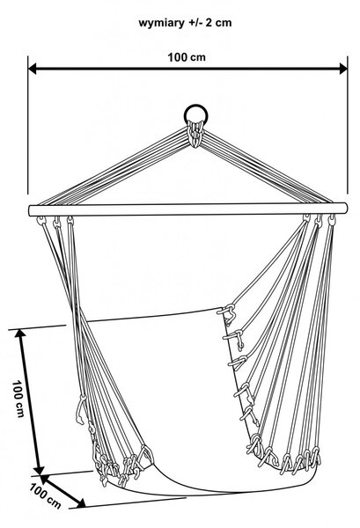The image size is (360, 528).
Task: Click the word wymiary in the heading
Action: point(161,24)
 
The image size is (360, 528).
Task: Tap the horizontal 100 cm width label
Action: point(187,57)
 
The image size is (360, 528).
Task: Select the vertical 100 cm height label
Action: point(18,399)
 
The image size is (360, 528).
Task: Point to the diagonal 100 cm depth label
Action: point(45,495)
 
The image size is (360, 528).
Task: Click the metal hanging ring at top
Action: point(195,114)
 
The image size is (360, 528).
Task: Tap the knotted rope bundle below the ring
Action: point(195,134)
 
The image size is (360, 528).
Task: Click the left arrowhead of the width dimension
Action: point(33,69)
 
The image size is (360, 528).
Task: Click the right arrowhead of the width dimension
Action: point(343,69)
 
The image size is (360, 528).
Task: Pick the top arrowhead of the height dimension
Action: point(20,334)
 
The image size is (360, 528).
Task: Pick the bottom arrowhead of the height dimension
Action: point(39,471)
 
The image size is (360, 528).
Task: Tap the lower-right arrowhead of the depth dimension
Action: point(81,503)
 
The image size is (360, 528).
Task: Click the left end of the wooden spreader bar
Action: point(30,210)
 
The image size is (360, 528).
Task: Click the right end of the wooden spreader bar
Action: point(345,208)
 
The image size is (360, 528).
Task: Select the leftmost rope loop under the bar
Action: point(41,221)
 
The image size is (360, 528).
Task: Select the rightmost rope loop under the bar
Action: point(332,220)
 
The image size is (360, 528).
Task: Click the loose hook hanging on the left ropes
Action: point(81,409)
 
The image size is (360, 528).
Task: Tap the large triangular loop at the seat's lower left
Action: point(145,456)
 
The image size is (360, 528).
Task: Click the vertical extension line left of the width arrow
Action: point(28,125)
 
